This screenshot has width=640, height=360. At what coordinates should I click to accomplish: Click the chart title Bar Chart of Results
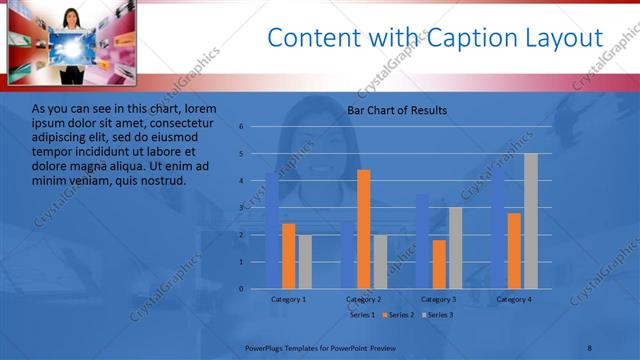397,110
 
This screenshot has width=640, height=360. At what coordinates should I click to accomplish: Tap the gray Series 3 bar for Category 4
530,221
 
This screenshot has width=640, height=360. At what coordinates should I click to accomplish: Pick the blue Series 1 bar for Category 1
272,231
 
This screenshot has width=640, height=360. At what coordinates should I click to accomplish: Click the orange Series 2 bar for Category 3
439,264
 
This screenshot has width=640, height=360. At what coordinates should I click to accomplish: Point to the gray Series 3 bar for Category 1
305,262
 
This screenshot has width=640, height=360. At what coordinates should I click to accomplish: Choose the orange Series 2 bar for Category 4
514,251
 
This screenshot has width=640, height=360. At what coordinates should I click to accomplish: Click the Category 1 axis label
289,299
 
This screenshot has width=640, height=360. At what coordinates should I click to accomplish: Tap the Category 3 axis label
439,299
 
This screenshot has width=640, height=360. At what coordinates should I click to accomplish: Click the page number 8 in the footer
589,347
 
